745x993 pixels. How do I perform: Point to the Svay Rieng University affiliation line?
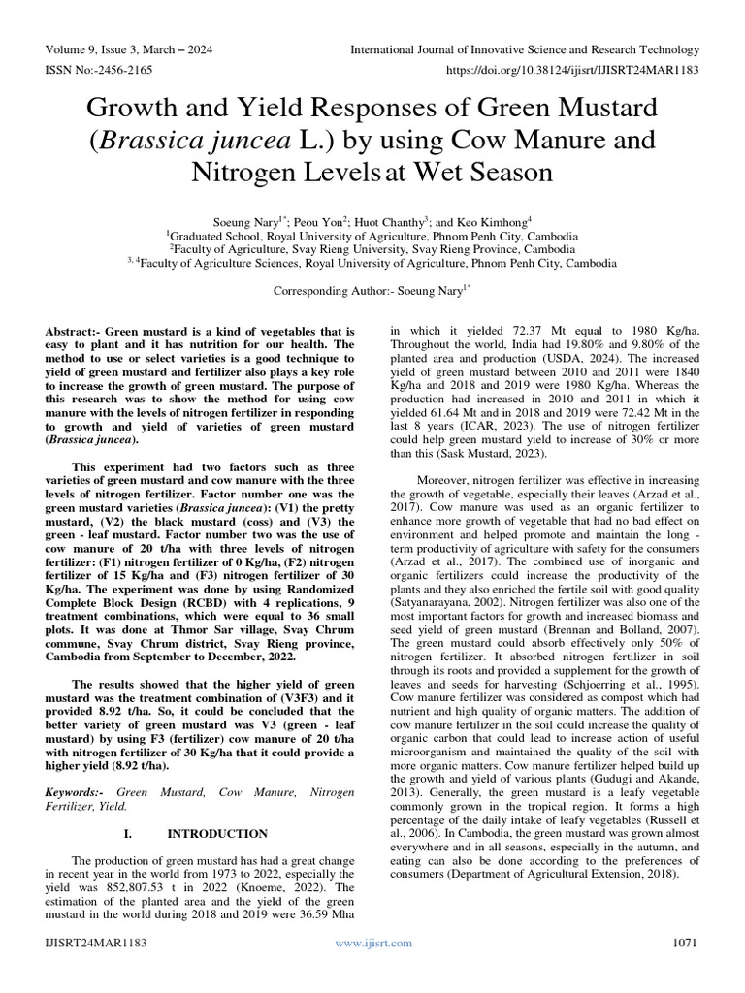click(372, 248)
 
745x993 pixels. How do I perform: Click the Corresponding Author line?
click(372, 290)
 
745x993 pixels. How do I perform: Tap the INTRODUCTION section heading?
click(217, 834)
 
